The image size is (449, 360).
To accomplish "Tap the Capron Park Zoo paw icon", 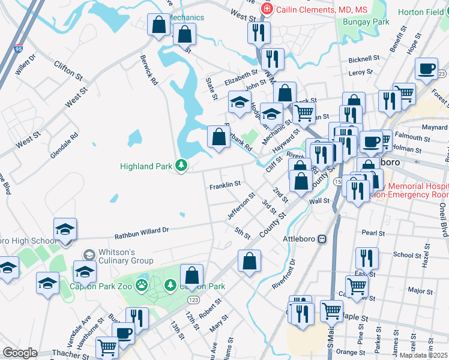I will (x=142, y=284).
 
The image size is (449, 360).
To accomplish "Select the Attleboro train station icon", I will (x=322, y=239).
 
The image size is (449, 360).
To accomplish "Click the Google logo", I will (x=20, y=352).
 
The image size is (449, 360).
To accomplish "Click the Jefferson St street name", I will (x=241, y=205).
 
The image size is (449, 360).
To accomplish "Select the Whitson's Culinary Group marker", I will (x=89, y=256).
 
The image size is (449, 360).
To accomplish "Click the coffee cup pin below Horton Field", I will (x=427, y=69).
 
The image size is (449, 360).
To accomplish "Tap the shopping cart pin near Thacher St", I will (x=107, y=346).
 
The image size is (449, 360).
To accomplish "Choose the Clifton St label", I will (x=68, y=70).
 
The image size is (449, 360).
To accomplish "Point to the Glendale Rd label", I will (x=64, y=145).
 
